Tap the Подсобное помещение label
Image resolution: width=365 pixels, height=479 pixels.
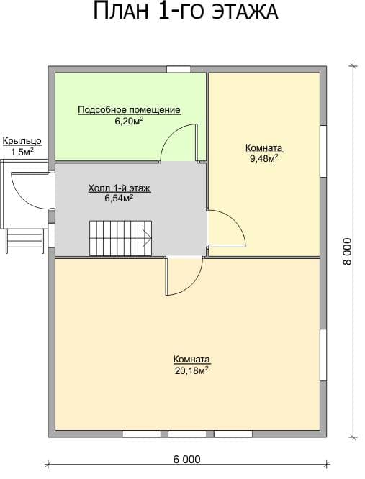pos(130,110)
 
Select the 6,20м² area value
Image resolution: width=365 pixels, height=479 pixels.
pos(130,122)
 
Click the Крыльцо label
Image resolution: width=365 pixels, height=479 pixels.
pos(22,142)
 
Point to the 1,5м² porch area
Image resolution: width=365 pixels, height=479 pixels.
pos(22,152)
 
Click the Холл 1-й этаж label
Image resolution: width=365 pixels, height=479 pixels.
pos(120,188)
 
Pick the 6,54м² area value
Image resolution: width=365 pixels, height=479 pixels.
pos(119,199)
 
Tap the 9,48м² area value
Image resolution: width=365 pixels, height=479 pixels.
pos(264,158)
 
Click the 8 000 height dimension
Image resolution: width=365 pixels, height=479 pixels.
pos(348,252)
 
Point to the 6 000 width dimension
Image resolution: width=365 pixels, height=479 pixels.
pos(186,459)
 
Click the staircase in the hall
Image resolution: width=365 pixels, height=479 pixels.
pos(121,238)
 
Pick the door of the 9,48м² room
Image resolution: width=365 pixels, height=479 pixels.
pos(226,227)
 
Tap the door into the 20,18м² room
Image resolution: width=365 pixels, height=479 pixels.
pos(184,276)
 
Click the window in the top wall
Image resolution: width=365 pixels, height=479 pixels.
pos(179,69)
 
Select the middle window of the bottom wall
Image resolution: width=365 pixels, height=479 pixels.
pos(186,434)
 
